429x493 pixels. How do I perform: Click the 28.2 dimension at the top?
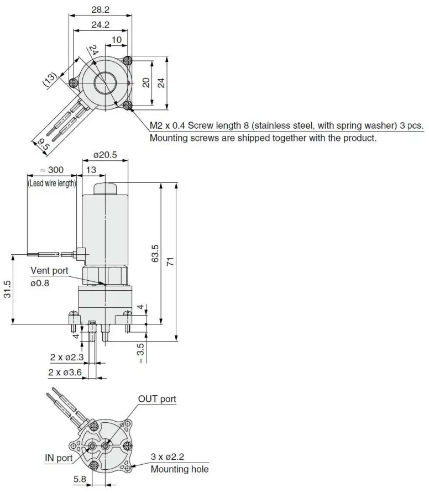pos(100,9)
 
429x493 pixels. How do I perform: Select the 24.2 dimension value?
pos(100,24)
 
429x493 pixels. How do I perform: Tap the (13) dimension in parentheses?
pos(50,81)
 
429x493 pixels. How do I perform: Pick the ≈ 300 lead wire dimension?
pos(53,170)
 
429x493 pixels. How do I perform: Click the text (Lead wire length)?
pos(52,183)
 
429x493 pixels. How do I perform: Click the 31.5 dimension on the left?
pos(7,289)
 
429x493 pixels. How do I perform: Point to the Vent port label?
pos(49,271)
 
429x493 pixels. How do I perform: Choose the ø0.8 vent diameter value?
pos(40,283)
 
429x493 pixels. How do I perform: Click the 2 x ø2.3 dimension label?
pos(66,357)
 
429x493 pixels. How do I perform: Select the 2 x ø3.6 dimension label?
pos(65,373)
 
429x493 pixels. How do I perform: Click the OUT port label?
pos(157,399)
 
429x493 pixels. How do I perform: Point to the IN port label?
pos(59,458)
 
